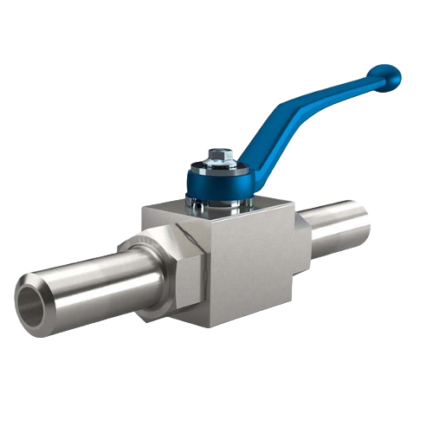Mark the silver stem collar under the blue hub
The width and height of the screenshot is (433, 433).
[x=218, y=206]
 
